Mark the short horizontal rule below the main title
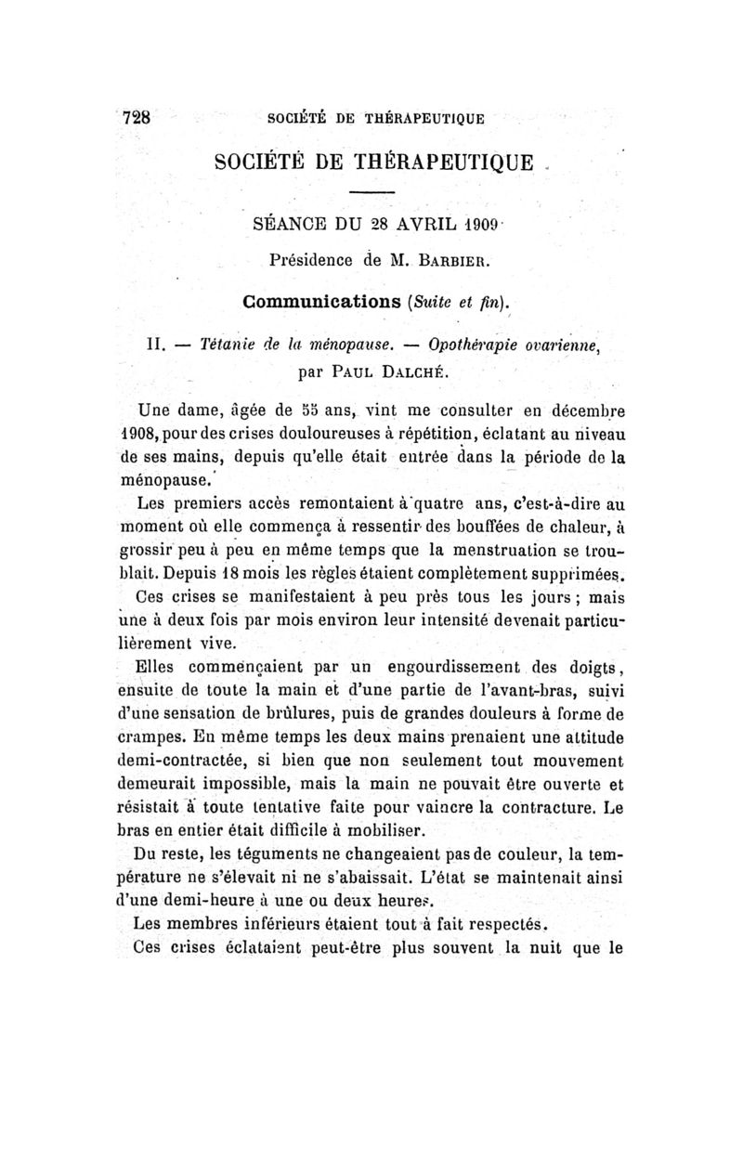[x=374, y=191]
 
